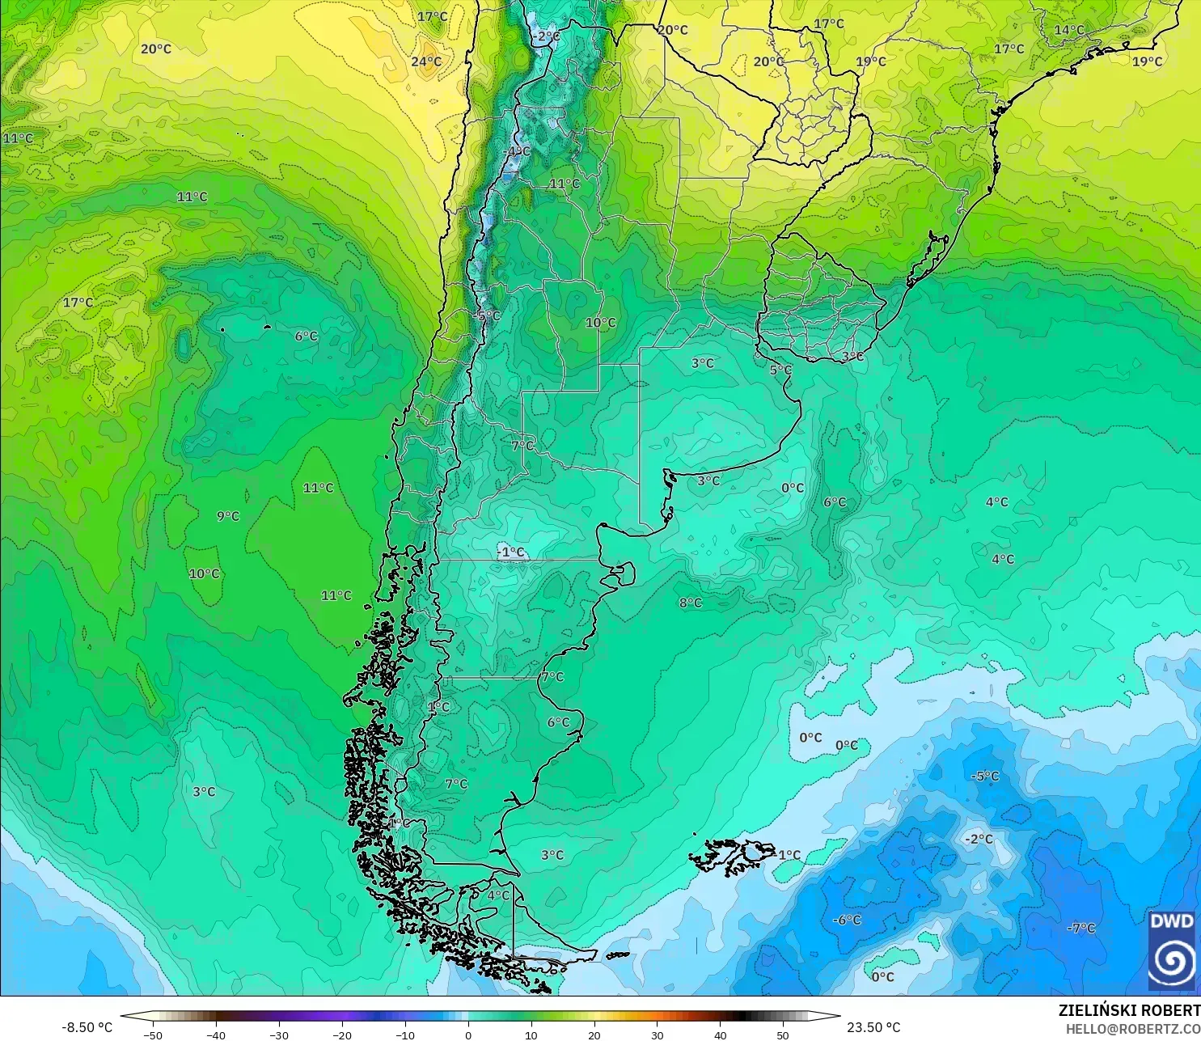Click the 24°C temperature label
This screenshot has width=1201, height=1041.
point(426,61)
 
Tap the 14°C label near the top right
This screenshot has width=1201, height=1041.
point(1068,30)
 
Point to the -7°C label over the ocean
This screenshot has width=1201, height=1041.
point(1080,928)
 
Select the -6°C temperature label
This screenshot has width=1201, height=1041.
point(847,920)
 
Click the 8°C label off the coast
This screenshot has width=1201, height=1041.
point(691,603)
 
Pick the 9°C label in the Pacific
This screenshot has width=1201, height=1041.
point(228,516)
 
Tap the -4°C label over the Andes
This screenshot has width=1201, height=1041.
point(517,151)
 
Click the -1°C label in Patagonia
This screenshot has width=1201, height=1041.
point(511,552)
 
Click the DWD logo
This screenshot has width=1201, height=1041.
point(1171,950)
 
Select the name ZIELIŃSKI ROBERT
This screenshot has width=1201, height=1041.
point(1129,1010)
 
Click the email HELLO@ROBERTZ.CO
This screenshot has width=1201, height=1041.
point(1132,1029)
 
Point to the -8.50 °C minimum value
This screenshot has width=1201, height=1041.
point(87,1027)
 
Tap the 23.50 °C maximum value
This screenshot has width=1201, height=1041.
point(873,1027)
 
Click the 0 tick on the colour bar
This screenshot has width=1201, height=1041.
point(468,1035)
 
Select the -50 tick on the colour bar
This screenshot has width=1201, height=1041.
point(152,1035)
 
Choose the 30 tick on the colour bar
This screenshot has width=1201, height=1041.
point(658,1035)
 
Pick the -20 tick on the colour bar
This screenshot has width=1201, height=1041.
point(342,1035)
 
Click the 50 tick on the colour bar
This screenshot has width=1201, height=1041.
point(783,1035)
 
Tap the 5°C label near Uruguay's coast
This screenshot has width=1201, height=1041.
point(780,370)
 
